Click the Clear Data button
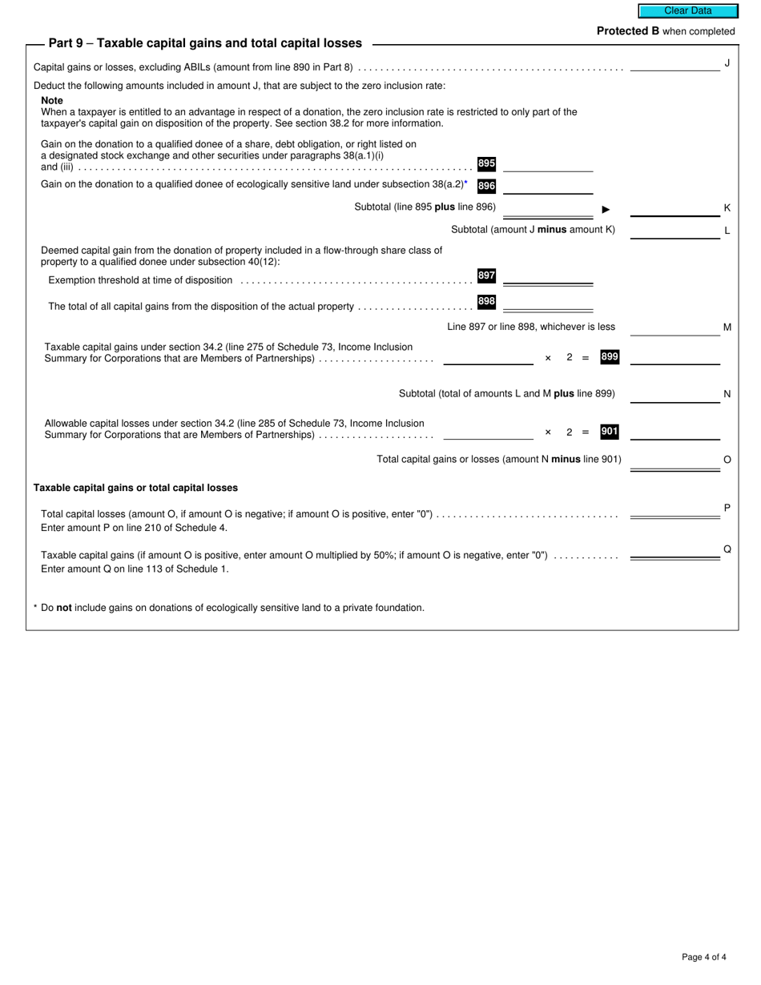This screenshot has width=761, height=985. [x=687, y=11]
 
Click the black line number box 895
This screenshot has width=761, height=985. [x=486, y=163]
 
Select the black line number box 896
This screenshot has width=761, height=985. [x=486, y=186]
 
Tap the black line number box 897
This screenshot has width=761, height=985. [x=486, y=275]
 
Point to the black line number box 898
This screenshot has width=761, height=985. [x=486, y=302]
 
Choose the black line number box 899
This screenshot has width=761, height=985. [x=610, y=357]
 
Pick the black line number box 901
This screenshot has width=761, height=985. [x=610, y=432]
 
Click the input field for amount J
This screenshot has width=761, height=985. [x=674, y=64]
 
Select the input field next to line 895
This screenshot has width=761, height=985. [x=548, y=164]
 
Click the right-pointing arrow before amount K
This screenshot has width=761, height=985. [x=606, y=209]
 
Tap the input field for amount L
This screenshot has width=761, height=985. [x=674, y=231]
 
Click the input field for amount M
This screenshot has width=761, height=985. [x=674, y=328]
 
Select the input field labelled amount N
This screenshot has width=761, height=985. [x=674, y=394]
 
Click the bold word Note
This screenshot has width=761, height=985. [x=52, y=101]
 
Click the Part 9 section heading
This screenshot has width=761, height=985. [x=205, y=43]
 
